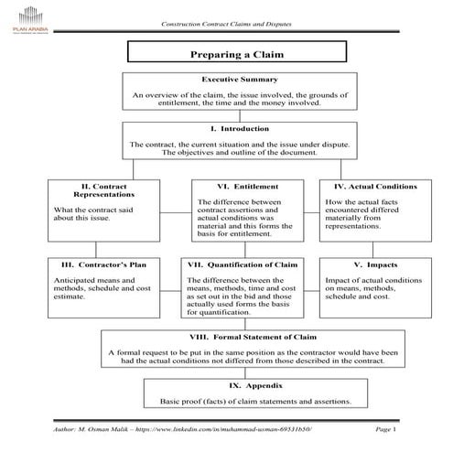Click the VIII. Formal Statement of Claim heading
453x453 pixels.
click(x=242, y=336)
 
